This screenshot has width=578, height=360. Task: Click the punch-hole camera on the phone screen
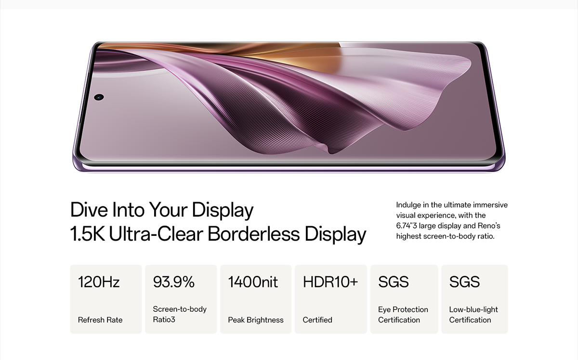coord(99,97)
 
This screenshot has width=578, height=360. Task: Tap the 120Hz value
coord(99,282)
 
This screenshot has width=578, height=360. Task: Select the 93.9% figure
coord(174,282)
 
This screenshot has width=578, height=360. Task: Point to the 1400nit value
coord(253,282)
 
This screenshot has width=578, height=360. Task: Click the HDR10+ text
coord(330,282)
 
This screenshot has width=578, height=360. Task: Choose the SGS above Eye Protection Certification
coord(394,282)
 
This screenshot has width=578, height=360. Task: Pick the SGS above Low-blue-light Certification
coord(464,282)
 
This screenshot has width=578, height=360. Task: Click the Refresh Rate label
coord(100,320)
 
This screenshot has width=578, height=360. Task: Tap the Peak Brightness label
coord(256,320)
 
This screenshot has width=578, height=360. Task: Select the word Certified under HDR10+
coord(317,320)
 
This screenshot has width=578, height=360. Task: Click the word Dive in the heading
coord(89,210)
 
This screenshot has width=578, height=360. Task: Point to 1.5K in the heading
coord(88,234)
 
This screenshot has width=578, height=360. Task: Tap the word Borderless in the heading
coord(254,234)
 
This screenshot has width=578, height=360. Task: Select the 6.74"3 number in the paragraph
coord(407,226)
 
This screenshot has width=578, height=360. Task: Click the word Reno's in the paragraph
coord(489,226)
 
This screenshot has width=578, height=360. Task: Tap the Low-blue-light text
coord(473,309)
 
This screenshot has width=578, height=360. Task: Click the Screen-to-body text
coord(180,309)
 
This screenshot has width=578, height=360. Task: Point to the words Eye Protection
coord(403,309)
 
